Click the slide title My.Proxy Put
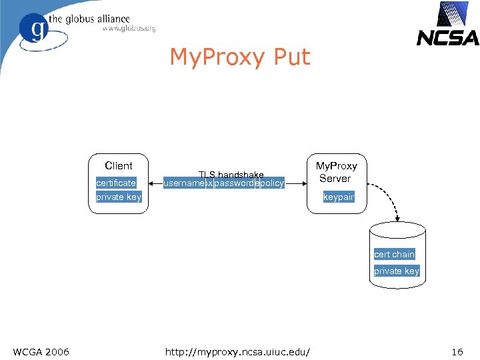pyautogui.click(x=240, y=57)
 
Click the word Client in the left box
pyautogui.click(x=119, y=166)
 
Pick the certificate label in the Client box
pyautogui.click(x=116, y=183)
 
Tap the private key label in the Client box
pyautogui.click(x=119, y=197)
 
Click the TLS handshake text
pyautogui.click(x=231, y=175)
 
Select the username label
pyautogui.click(x=184, y=183)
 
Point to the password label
pyautogui.click(x=234, y=183)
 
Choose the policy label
pyautogui.click(x=271, y=183)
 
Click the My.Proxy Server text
pyautogui.click(x=336, y=172)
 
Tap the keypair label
pyautogui.click(x=338, y=197)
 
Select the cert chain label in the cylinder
pyautogui.click(x=394, y=254)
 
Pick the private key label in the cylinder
pyautogui.click(x=396, y=271)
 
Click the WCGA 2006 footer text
pyautogui.click(x=41, y=351)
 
